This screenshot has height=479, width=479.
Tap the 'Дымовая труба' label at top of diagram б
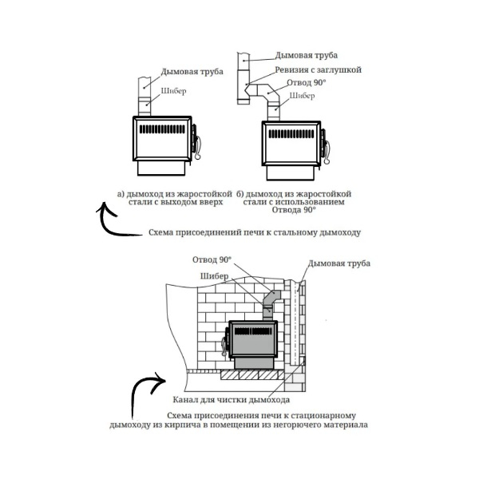pyautogui.click(x=307, y=56)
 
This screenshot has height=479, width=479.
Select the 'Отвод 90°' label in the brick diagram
pyautogui.click(x=212, y=260)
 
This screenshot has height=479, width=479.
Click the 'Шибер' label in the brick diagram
pyautogui.click(x=214, y=276)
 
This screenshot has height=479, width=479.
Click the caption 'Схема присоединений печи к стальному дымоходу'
pyautogui.click(x=255, y=234)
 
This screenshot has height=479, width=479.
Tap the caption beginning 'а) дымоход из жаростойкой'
pyautogui.click(x=175, y=198)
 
